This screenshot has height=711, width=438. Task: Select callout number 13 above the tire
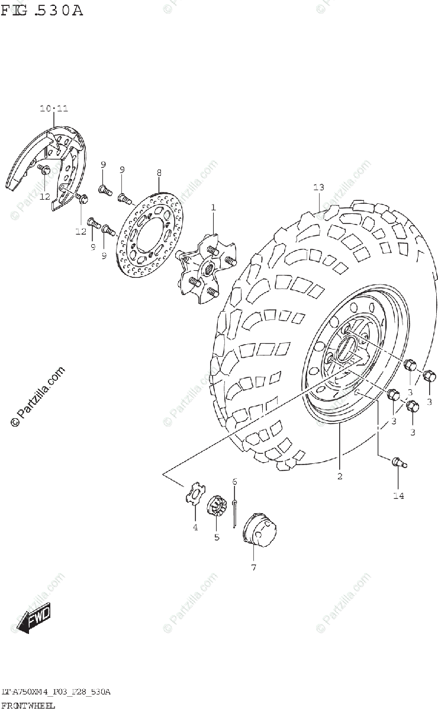click(318, 188)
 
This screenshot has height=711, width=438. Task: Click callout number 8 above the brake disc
click(159, 172)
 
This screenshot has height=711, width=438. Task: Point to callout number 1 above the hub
click(213, 207)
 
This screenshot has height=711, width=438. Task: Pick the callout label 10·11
click(54, 108)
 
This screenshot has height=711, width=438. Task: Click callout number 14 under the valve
click(398, 495)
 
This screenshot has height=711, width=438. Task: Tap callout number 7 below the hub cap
click(253, 568)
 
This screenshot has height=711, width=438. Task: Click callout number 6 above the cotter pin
click(234, 482)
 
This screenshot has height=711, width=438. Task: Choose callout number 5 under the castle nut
click(217, 537)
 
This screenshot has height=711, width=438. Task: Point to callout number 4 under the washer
click(195, 528)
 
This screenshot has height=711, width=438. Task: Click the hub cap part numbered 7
click(259, 529)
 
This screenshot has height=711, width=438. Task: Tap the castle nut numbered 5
click(217, 507)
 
